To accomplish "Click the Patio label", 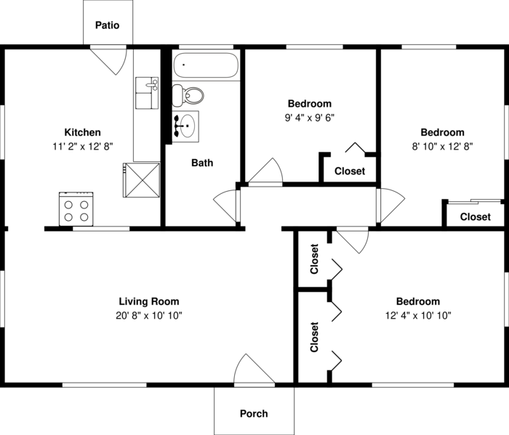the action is pos(107,25).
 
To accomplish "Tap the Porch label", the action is pos(254,414).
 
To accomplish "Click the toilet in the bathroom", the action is pos(188,95).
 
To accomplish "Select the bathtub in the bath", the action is pos(206,65).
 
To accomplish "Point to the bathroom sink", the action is pos(185,126).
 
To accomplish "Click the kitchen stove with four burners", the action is pos(76,208).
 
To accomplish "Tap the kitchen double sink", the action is pos(147,93).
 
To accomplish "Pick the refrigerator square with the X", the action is pos(142,180).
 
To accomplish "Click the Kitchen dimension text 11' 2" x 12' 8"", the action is pos(83,147).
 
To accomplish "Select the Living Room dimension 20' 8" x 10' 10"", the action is pos(149,315).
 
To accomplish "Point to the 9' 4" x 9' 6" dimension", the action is pos(310,118).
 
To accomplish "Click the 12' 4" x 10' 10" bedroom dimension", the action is pos(418,315).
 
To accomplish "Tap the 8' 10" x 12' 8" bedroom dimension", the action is pos(442,147).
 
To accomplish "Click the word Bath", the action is pos(202,163).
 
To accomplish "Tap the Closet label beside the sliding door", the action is pos(476,216).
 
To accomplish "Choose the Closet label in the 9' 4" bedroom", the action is pos(350,171).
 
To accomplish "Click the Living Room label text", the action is pos(149,301).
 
